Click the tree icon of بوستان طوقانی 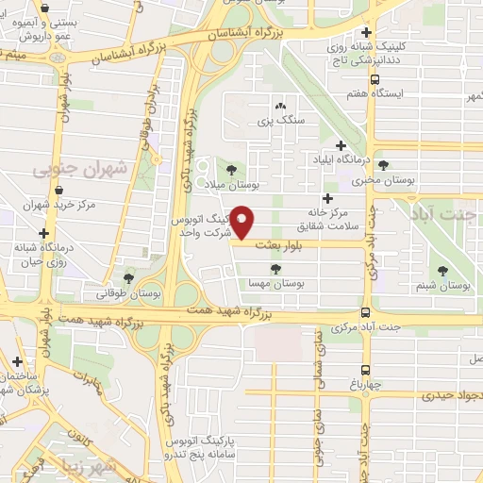(129, 277)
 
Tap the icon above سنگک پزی (280, 107)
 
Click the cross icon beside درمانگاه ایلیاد (341, 145)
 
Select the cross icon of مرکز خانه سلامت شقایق (327, 198)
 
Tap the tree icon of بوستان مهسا (275, 269)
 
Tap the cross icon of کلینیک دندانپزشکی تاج (379, 31)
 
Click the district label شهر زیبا (99, 465)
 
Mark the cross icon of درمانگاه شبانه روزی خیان (43, 233)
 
